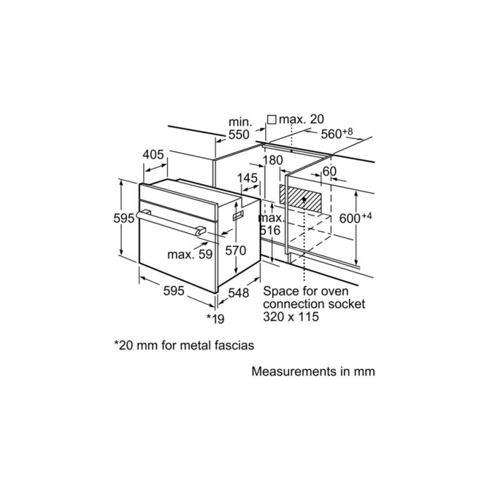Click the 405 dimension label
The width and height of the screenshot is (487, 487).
154,155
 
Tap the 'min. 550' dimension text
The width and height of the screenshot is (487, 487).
239,129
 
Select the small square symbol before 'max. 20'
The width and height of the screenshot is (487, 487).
271,120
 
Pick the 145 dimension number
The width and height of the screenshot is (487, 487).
248,178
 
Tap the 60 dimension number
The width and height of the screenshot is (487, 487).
329,172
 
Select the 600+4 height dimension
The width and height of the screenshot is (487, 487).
356,218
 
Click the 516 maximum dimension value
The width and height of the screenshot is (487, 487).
270,231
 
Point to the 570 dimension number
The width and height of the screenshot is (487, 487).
235,250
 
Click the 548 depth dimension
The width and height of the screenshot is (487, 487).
238,293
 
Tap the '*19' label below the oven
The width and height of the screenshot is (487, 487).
214,317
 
